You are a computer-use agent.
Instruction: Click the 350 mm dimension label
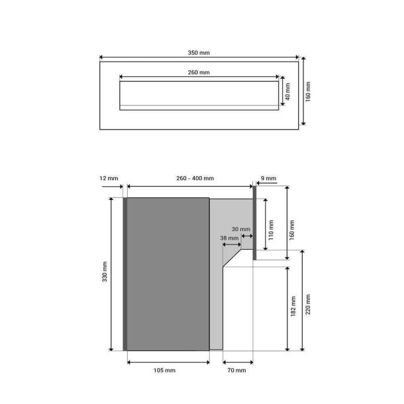[199, 53]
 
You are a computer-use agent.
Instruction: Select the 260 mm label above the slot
[199, 72]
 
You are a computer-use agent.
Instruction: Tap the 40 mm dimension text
[288, 91]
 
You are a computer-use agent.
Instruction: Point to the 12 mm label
[109, 178]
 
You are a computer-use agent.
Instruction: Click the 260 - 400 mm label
[195, 178]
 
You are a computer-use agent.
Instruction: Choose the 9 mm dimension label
[268, 178]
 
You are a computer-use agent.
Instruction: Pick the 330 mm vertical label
[105, 272]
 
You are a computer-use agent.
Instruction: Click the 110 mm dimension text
[271, 230]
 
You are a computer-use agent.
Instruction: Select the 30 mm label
[241, 229]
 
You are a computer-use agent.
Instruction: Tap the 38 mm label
[229, 238]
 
